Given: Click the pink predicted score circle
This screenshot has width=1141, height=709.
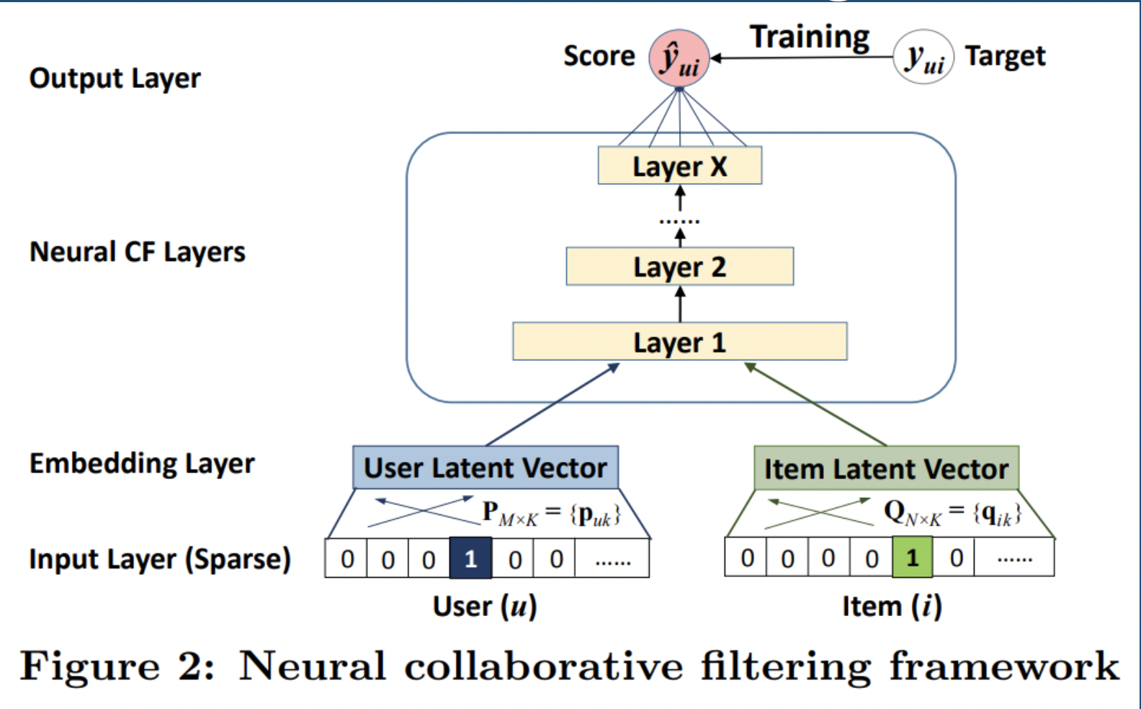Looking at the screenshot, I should tap(679, 58).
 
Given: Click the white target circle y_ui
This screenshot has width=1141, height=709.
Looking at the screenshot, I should tap(923, 57).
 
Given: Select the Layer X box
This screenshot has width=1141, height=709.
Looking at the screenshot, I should tap(679, 166).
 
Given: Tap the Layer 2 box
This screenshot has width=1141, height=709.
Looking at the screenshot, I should tap(679, 267).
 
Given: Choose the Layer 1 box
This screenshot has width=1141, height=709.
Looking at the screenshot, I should tap(679, 342).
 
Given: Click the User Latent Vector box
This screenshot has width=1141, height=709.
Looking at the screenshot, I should tap(485, 468).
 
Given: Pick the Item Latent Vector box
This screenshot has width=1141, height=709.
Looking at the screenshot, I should tap(886, 468).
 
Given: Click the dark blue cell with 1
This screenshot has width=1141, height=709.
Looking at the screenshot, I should tap(470, 558).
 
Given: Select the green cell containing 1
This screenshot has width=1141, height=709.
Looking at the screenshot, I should tap(912, 558).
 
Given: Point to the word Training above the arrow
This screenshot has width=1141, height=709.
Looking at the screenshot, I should tap(810, 37).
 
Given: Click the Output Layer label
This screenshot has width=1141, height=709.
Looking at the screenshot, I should tap(115, 78).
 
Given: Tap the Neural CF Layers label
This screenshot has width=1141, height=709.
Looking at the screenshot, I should tap(137, 252).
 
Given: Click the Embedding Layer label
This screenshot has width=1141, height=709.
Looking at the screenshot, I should tap(142, 463).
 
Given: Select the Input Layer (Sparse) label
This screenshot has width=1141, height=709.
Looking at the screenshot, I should tap(159, 559).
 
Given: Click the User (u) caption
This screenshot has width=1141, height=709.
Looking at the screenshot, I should tap(485, 606).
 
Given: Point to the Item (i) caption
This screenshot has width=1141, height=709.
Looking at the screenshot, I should tap(892, 606).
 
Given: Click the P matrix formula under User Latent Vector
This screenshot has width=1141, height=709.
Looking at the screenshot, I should tap(551, 513).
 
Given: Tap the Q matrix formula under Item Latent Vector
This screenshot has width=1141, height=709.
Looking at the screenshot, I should tap(952, 513).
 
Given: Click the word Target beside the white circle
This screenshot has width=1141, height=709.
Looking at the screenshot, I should tap(1005, 56).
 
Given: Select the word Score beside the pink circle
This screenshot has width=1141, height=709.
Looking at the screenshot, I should tap(599, 56).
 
